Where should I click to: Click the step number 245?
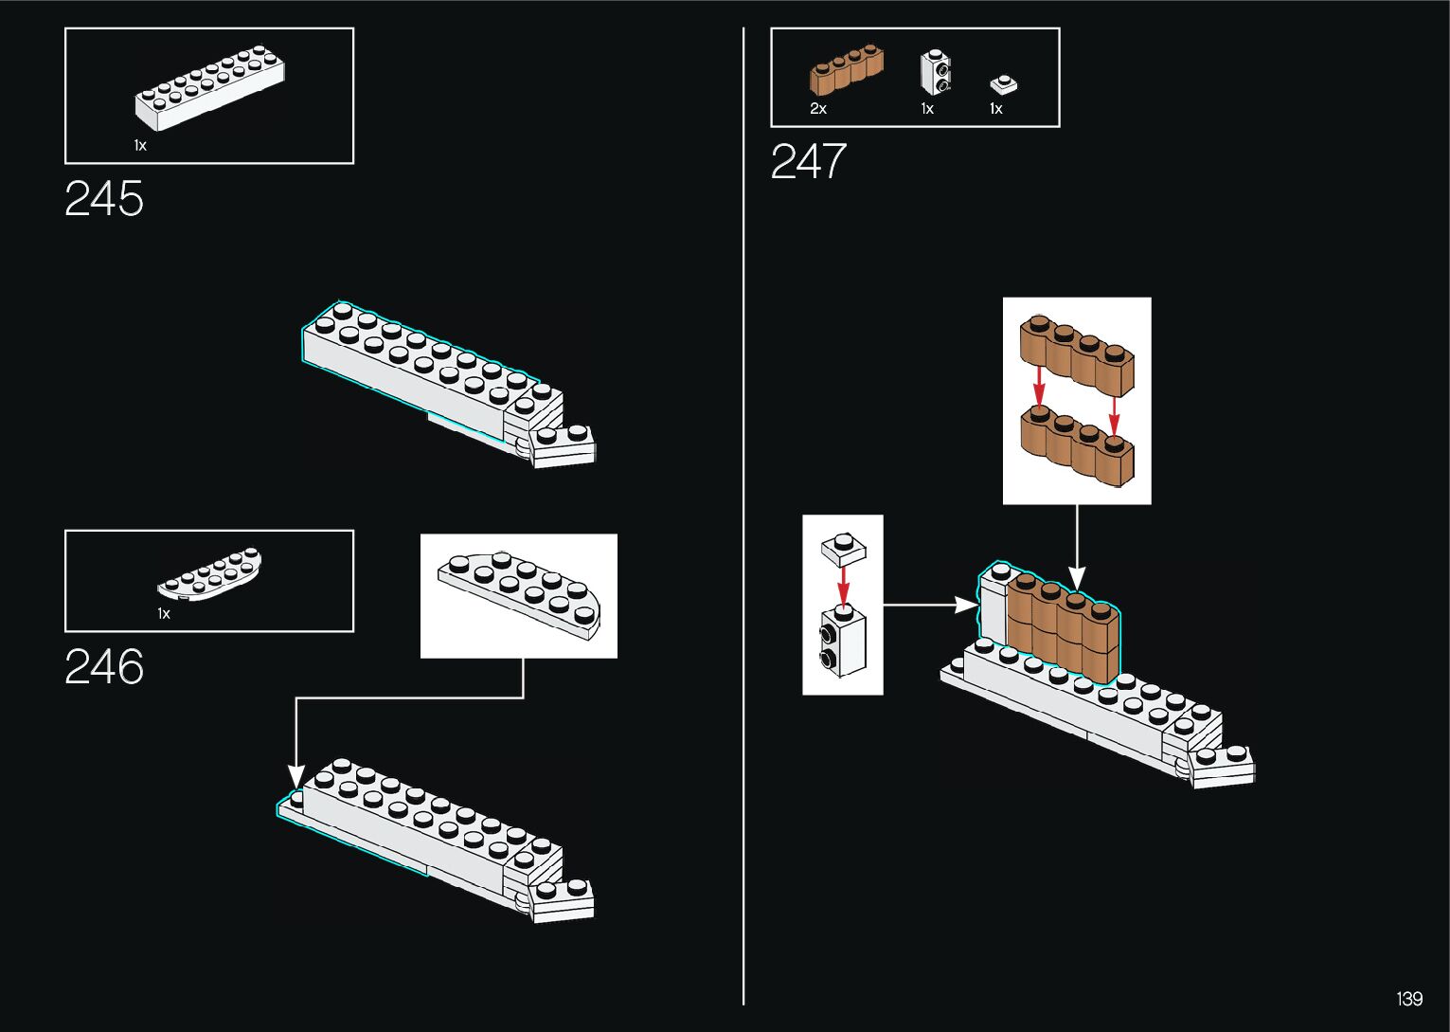pos(104,199)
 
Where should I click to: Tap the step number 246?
pos(104,667)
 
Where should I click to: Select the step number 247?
pos(808,161)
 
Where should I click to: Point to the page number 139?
pos(1409,999)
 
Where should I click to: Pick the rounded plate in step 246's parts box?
pos(210,575)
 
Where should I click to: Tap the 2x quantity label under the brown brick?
pos(818,109)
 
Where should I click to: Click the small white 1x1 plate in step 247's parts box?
pos(1003,84)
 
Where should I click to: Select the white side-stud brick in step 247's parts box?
pos(936,73)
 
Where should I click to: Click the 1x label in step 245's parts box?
pos(140,146)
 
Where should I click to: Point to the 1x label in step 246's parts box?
pos(164,614)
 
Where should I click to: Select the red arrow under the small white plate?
pos(843,582)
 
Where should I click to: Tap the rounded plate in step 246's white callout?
pos(519,593)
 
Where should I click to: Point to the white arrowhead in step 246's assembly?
pos(296,777)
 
